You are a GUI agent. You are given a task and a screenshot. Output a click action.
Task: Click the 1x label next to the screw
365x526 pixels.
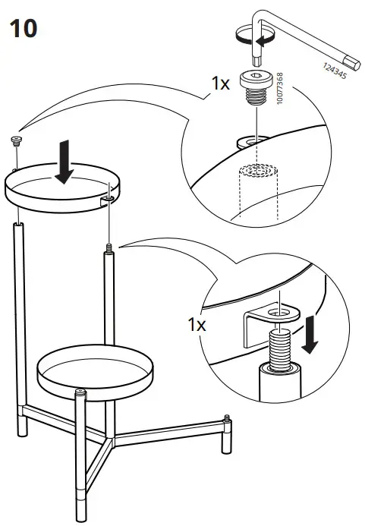220,84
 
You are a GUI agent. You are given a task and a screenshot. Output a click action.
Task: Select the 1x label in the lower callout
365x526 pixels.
196,325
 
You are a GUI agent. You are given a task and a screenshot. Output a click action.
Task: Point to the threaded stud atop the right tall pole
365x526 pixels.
110,247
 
